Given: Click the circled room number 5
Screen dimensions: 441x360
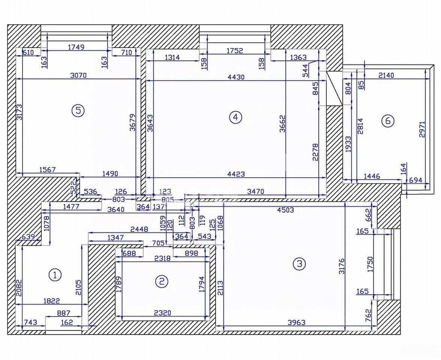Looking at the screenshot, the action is tap(78, 111).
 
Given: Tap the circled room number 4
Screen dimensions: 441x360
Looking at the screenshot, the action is tap(235, 117).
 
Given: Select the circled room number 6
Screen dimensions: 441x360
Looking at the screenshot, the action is tap(388, 121).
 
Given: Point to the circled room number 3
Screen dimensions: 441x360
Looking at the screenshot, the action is tap(299, 264).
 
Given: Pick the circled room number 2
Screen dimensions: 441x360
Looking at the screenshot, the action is tap(162, 281).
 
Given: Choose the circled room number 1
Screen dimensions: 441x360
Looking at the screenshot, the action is tap(55, 274).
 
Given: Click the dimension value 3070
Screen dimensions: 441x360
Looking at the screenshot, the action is tap(78, 75).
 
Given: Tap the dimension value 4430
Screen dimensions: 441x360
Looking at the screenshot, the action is tap(236, 77).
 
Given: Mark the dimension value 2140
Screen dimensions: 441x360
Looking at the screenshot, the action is tap(386, 75).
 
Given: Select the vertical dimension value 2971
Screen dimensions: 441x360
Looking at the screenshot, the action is tap(422, 129).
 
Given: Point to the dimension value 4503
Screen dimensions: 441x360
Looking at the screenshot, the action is tap(285, 210).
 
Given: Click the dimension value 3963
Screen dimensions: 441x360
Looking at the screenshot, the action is tap(296, 322).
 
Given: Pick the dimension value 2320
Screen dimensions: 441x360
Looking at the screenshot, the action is tap(163, 313).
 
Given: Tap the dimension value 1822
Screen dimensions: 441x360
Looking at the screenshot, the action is tap(52, 301).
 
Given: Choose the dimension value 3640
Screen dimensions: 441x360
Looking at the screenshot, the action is tap(116, 210).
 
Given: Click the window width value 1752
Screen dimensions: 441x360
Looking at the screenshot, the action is tap(235, 51).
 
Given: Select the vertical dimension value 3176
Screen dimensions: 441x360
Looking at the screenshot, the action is tap(341, 266).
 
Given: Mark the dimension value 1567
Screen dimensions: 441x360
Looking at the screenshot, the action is tap(47, 169).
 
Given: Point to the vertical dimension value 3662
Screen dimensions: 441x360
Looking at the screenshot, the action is tap(282, 124).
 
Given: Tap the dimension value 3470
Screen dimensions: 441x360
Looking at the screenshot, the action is tap(256, 192).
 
